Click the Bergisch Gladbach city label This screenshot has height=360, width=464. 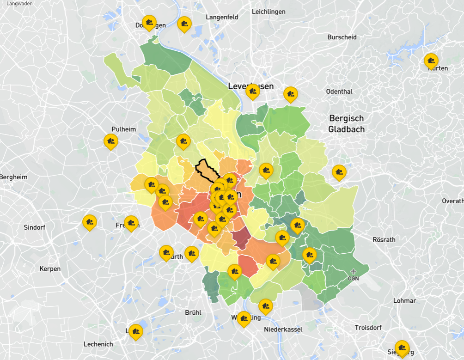click(x=346, y=123)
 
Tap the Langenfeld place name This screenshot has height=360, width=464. click(x=222, y=17)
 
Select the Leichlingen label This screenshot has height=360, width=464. click(x=269, y=12)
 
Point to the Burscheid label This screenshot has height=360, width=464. click(x=342, y=37)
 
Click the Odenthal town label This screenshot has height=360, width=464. click(x=339, y=92)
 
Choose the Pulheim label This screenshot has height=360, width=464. click(x=123, y=129)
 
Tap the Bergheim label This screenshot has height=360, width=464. click(x=13, y=177)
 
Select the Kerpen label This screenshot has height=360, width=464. click(x=50, y=269)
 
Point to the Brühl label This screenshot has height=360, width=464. click(x=193, y=312)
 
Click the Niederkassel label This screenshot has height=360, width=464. click(x=283, y=329)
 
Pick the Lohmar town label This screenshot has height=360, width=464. click(x=404, y=300)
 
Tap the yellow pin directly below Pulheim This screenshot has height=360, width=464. click(x=110, y=141)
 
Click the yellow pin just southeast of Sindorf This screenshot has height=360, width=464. click(x=89, y=222)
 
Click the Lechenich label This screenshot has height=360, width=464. click(x=98, y=344)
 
